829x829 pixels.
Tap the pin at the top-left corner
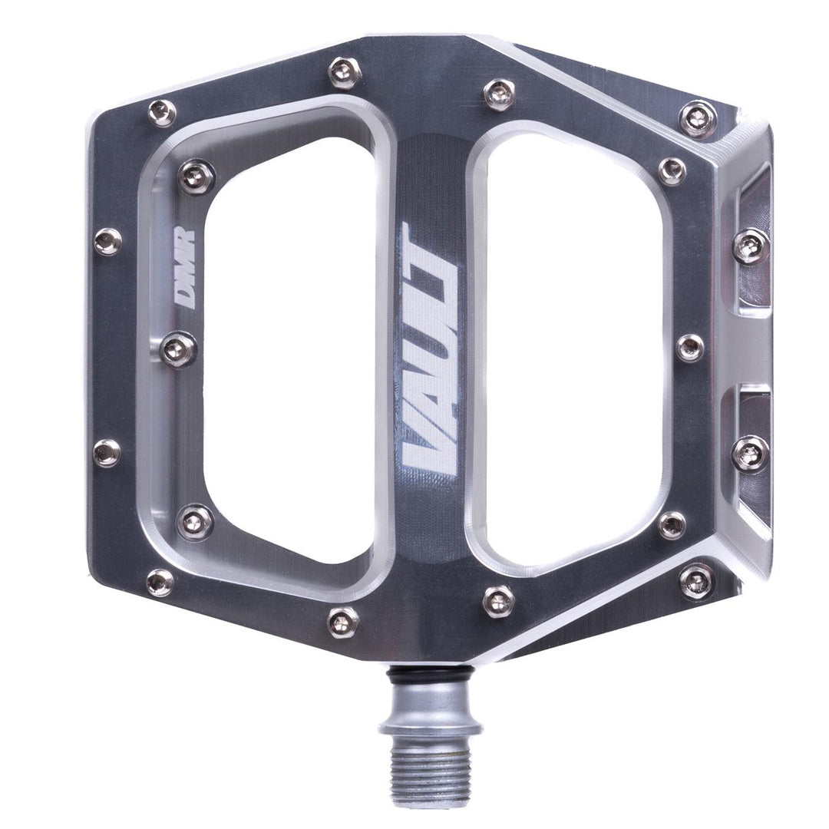(x=161, y=113)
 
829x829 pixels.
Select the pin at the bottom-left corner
(x=160, y=583)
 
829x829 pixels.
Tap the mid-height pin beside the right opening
(x=690, y=348)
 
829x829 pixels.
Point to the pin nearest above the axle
(x=499, y=599)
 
